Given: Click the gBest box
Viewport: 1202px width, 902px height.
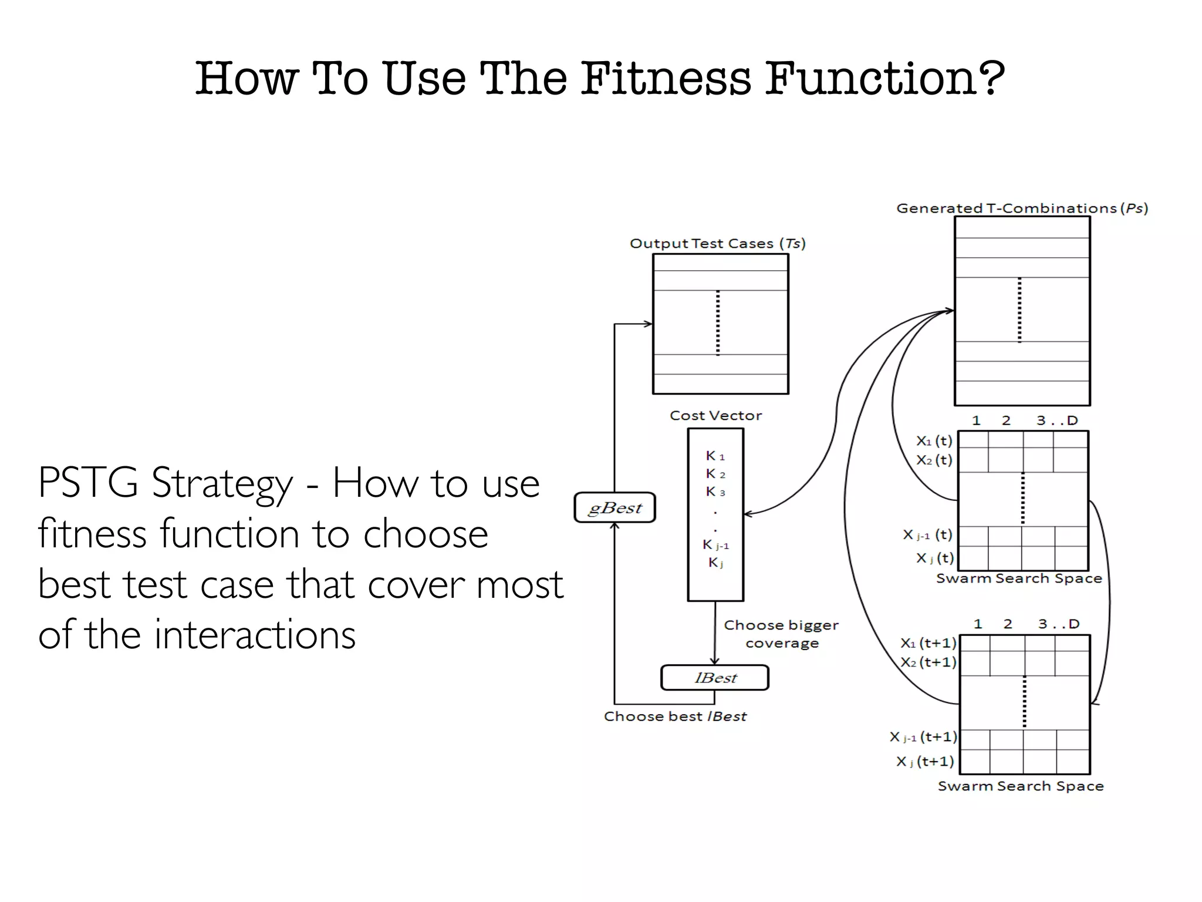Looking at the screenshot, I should (614, 507).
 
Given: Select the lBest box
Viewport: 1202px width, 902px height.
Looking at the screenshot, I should (714, 678).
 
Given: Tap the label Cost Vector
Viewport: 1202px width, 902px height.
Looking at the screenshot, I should (715, 416).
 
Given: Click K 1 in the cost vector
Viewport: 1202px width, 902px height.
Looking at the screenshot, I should (715, 456).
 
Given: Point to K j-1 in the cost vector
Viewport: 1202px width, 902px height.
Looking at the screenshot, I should (715, 545).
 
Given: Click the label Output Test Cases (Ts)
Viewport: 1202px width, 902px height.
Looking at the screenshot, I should (717, 244).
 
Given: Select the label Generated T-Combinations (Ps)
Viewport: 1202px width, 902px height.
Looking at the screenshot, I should (1022, 208).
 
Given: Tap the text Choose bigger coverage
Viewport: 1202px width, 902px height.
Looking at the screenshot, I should (781, 634).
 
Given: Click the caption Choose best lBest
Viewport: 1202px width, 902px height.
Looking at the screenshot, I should (675, 716).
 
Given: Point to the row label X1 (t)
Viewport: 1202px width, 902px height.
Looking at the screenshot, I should (934, 440).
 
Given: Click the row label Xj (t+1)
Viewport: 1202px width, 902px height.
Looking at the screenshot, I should (925, 762).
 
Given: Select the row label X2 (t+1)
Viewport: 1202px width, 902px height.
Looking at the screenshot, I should (928, 662).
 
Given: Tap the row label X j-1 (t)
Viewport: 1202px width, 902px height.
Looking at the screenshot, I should (927, 535).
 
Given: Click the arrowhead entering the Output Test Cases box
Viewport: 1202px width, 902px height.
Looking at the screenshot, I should (648, 324).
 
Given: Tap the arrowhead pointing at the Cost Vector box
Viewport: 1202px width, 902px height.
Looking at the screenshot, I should (748, 514).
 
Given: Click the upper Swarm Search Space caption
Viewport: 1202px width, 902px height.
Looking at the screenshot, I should (1019, 578).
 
